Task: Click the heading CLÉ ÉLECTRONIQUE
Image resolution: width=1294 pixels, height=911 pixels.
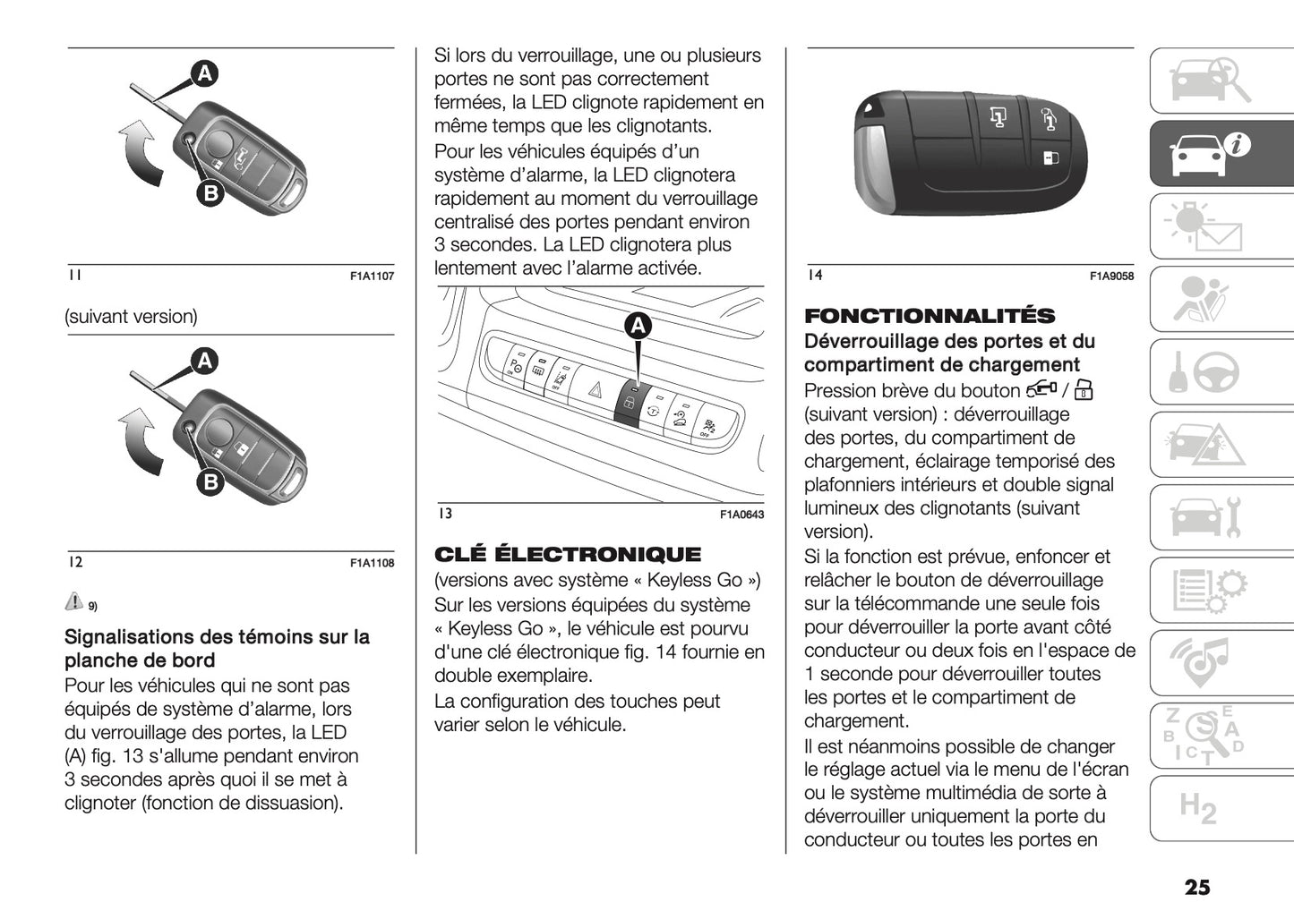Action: click(568, 554)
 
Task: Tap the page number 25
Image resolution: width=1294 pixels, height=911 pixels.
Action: click(1196, 887)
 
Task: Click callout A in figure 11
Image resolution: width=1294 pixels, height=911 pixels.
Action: click(204, 73)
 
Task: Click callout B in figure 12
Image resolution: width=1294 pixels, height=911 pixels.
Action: click(210, 483)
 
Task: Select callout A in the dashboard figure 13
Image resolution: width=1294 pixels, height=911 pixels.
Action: click(638, 327)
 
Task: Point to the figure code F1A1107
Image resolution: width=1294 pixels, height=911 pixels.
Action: click(372, 277)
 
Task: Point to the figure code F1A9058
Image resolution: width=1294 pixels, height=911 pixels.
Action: click(1111, 277)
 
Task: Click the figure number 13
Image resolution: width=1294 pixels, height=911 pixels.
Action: click(445, 514)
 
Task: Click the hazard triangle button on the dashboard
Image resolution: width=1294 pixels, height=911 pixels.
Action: click(594, 390)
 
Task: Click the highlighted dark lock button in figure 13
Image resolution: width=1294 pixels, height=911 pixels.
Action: click(629, 404)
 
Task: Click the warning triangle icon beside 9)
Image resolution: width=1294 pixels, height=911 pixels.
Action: click(74, 601)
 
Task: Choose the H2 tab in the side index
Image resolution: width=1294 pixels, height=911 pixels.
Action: click(1197, 808)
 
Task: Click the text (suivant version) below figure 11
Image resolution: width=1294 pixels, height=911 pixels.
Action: click(131, 317)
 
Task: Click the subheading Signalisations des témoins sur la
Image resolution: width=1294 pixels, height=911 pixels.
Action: click(217, 637)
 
